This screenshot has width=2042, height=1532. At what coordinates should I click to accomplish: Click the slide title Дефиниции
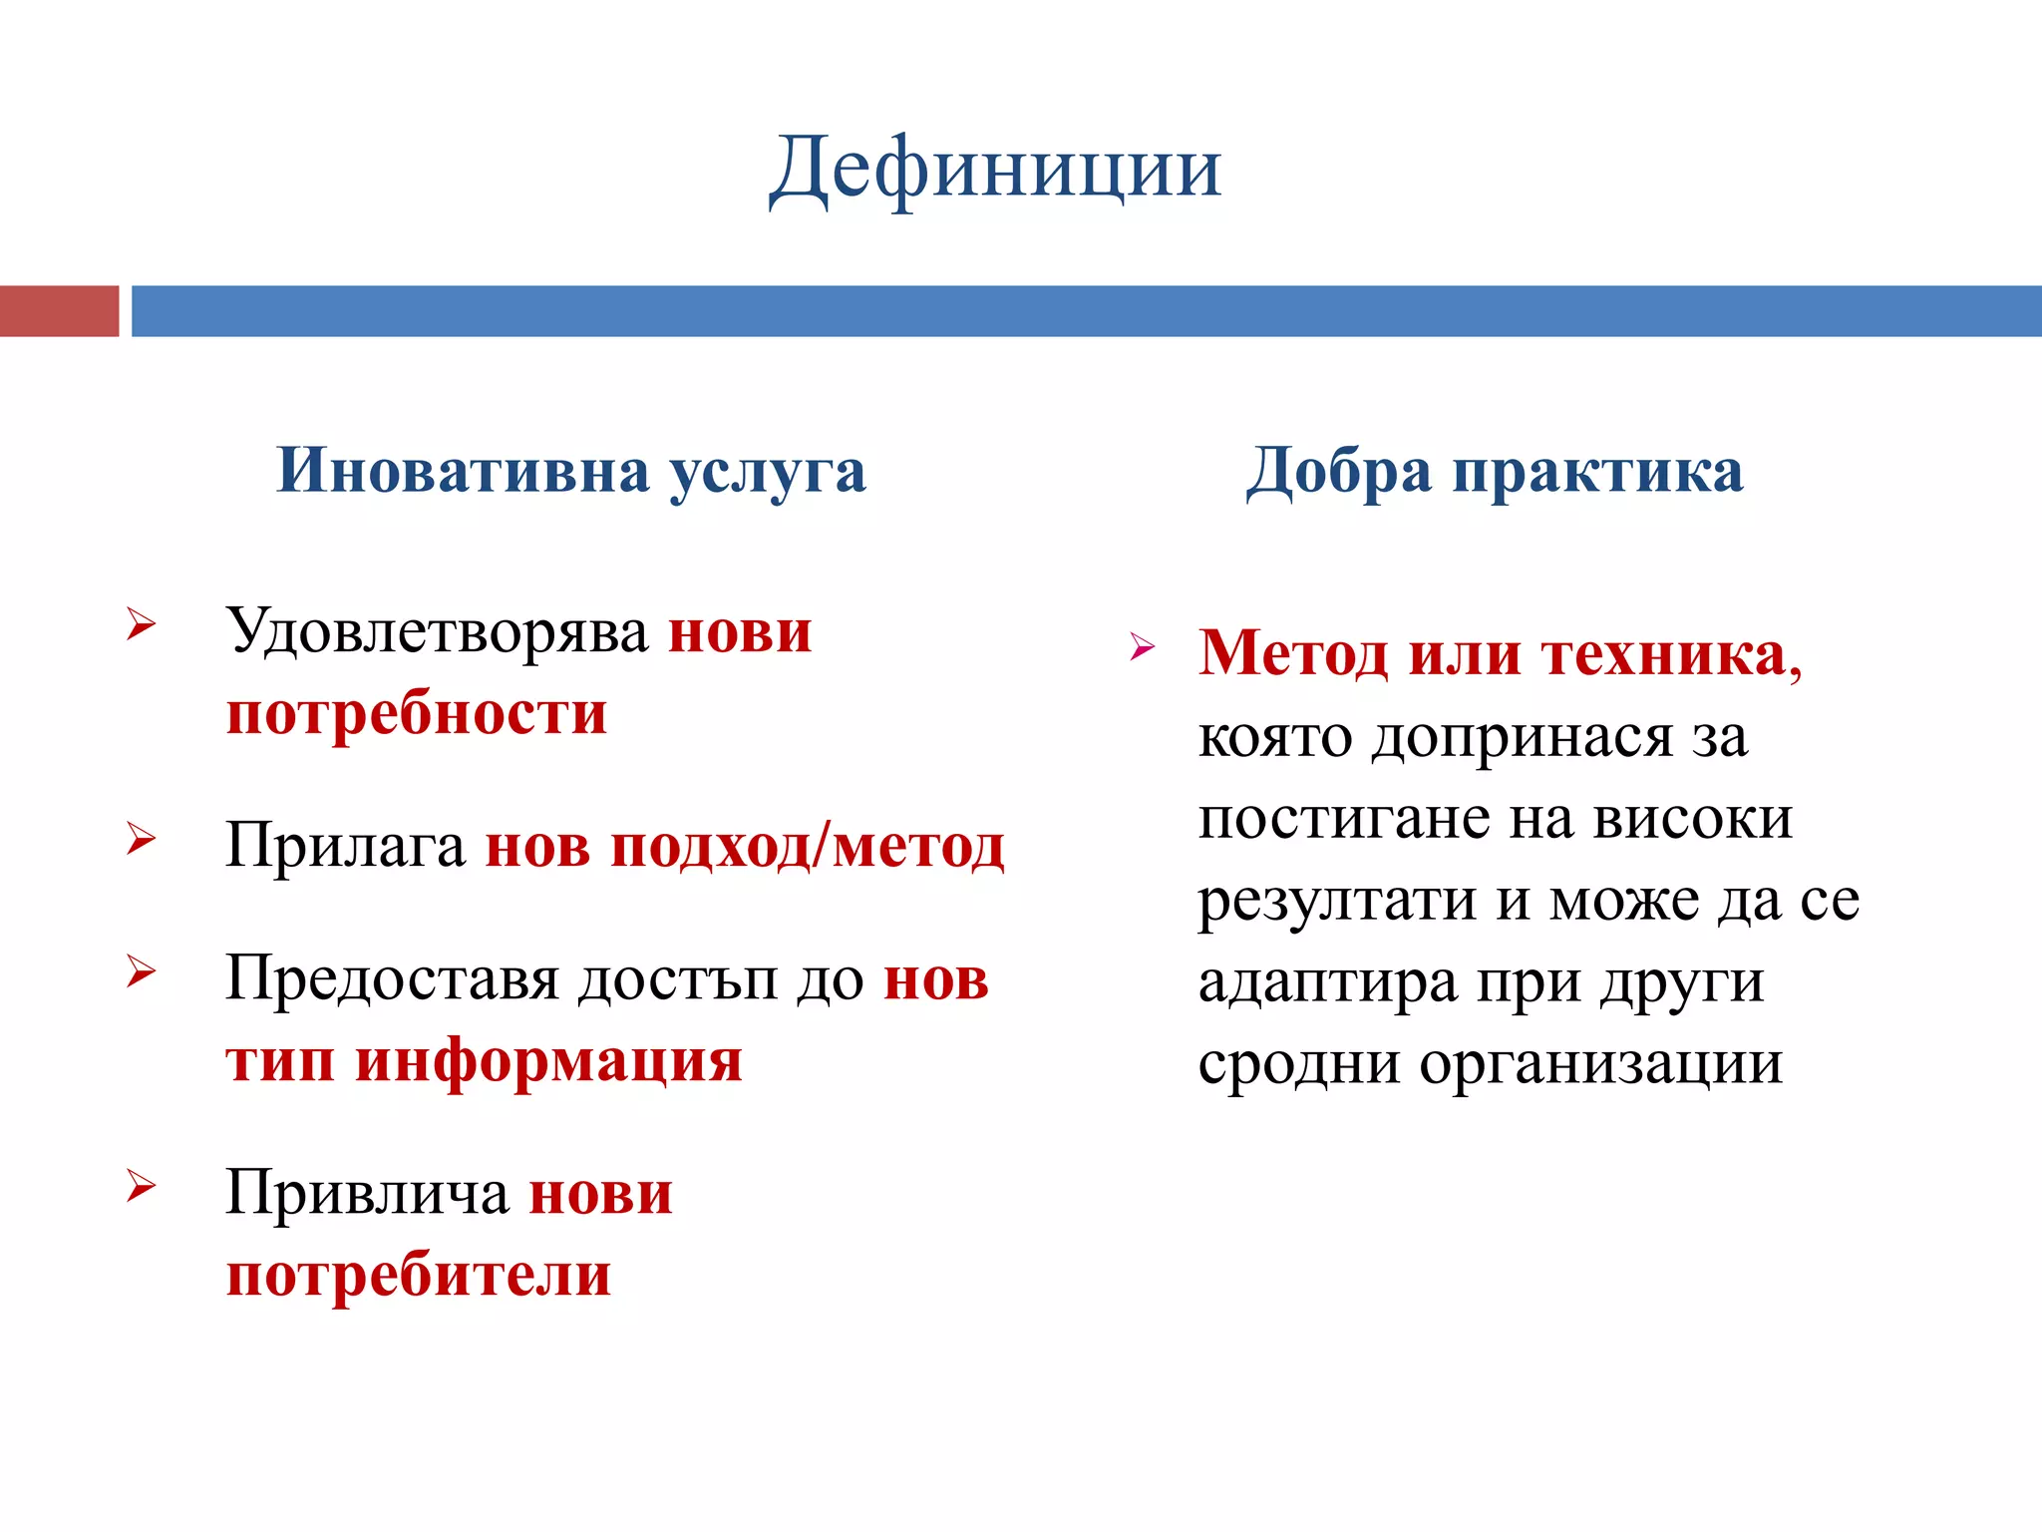tap(995, 170)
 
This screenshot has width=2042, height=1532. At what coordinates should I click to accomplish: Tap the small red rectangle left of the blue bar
tap(59, 311)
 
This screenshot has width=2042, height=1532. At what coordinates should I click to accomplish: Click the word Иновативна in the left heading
tap(463, 471)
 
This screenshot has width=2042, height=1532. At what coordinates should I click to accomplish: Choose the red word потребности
tap(417, 714)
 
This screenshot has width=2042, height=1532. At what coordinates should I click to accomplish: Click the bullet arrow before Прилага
tap(142, 840)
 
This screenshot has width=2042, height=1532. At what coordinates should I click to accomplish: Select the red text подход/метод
tap(808, 848)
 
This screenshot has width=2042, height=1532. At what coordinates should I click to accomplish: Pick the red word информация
tap(549, 1061)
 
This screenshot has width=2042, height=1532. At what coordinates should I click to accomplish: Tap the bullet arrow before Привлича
tap(142, 1186)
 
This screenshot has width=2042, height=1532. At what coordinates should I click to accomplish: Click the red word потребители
tap(419, 1276)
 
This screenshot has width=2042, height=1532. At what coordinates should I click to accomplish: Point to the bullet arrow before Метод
tap(1143, 647)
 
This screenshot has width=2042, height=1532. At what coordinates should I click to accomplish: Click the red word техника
tap(1671, 655)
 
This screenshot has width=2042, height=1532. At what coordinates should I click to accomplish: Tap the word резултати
tap(1337, 902)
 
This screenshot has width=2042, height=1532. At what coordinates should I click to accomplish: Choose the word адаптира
tap(1327, 983)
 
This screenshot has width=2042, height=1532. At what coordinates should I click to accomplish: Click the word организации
tap(1600, 1064)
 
